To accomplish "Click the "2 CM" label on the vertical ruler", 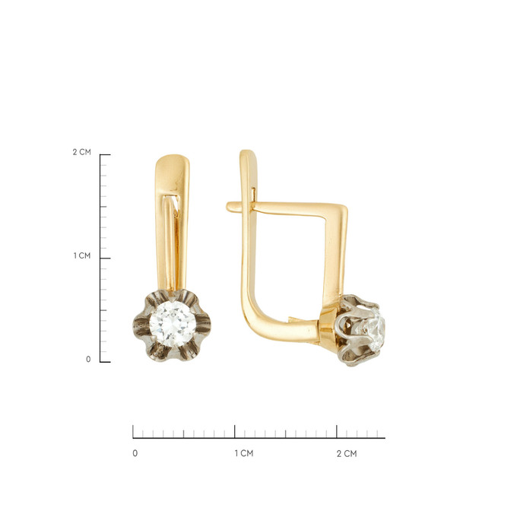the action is (82, 152).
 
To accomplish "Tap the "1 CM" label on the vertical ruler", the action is (82, 255).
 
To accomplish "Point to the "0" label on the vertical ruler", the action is (88, 359).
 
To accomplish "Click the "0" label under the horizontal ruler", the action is (135, 453).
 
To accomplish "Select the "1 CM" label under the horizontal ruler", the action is (244, 453).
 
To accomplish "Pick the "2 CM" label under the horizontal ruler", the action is (347, 454).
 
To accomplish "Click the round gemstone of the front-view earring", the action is (173, 323).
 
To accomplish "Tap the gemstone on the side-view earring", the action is (376, 330).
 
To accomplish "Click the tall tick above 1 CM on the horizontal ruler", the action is (235, 431).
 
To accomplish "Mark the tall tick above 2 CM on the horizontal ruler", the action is (337, 431).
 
